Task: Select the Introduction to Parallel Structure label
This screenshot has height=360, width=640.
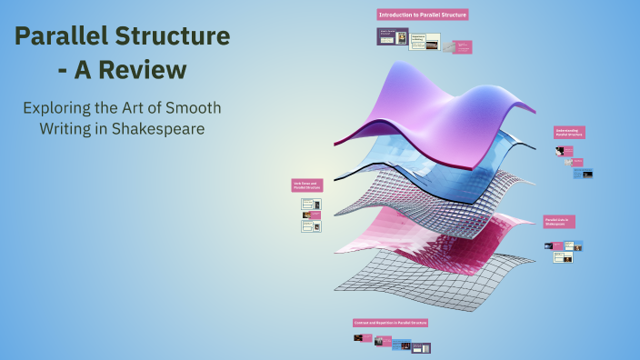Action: (x=422, y=15)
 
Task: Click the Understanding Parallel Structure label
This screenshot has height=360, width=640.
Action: (x=569, y=132)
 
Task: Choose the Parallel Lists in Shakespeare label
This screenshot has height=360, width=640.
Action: (x=559, y=221)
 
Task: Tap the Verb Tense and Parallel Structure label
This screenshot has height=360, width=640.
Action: (x=306, y=185)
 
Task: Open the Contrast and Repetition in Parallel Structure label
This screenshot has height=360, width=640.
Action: (x=390, y=323)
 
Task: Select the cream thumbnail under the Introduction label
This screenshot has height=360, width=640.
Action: (x=425, y=42)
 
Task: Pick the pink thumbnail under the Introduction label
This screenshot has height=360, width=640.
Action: (x=462, y=47)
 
